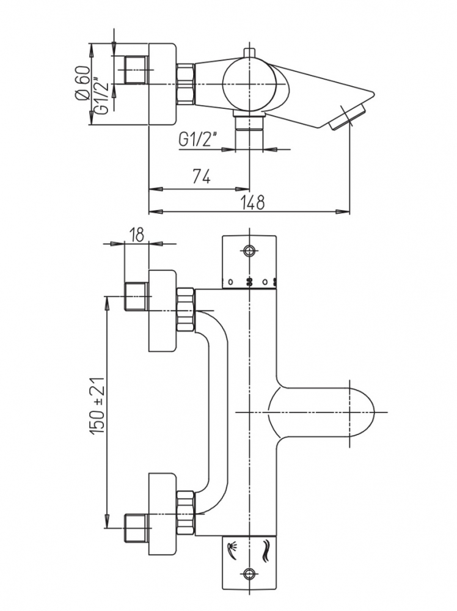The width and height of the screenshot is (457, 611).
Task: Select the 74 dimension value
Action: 202,177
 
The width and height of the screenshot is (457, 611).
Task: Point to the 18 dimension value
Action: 136,234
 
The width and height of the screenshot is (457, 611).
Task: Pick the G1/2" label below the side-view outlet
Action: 199,141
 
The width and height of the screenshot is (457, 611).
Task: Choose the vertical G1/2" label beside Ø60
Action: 100,100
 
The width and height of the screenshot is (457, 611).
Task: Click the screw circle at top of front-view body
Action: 249,251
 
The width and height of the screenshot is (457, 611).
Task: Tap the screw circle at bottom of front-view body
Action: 249,573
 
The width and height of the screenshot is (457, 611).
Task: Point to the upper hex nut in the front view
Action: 185,309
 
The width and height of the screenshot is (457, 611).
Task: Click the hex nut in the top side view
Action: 185,84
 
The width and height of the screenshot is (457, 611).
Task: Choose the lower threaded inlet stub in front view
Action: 136,526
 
